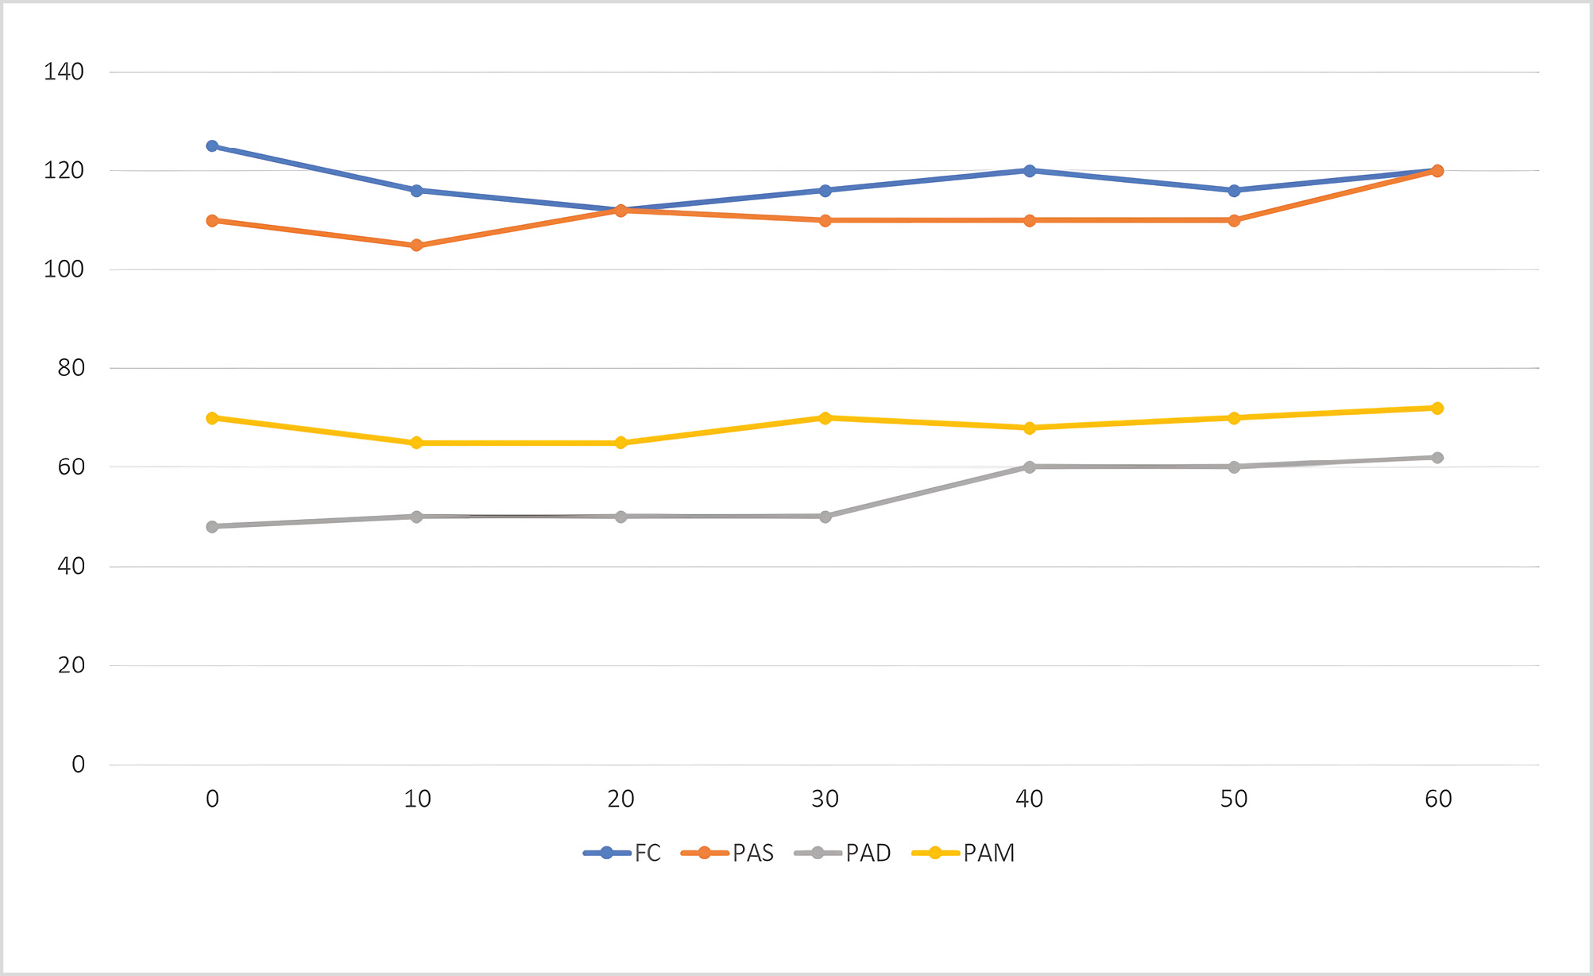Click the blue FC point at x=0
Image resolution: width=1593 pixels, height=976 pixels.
[x=212, y=146]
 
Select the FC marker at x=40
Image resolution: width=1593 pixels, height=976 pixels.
[x=1030, y=171]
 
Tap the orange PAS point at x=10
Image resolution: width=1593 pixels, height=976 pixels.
[x=416, y=246]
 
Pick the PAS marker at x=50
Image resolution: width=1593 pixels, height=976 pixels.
[x=1234, y=220]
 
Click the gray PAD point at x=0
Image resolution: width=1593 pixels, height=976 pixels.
[x=212, y=527]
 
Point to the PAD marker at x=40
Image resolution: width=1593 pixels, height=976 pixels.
[x=1030, y=467]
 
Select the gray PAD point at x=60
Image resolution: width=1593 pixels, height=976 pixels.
[x=1437, y=458]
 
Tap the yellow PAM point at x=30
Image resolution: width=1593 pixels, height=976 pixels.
[x=825, y=418]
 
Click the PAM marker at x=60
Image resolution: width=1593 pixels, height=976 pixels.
[x=1437, y=409]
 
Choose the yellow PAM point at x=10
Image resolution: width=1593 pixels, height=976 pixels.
[x=416, y=443]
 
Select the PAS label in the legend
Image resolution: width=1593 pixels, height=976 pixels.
[x=752, y=853]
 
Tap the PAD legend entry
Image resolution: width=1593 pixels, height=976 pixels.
[x=868, y=853]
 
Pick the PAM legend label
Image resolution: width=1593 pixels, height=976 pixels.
[x=988, y=853]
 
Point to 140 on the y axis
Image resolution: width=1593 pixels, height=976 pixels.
[x=64, y=72]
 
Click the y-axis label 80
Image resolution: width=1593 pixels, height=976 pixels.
[x=71, y=368]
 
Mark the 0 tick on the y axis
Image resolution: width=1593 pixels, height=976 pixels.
[x=78, y=765]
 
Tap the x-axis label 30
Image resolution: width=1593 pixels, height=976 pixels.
[x=825, y=799]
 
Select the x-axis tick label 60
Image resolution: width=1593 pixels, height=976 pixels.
[x=1438, y=799]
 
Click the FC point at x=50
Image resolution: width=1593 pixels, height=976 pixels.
[x=1234, y=191]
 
